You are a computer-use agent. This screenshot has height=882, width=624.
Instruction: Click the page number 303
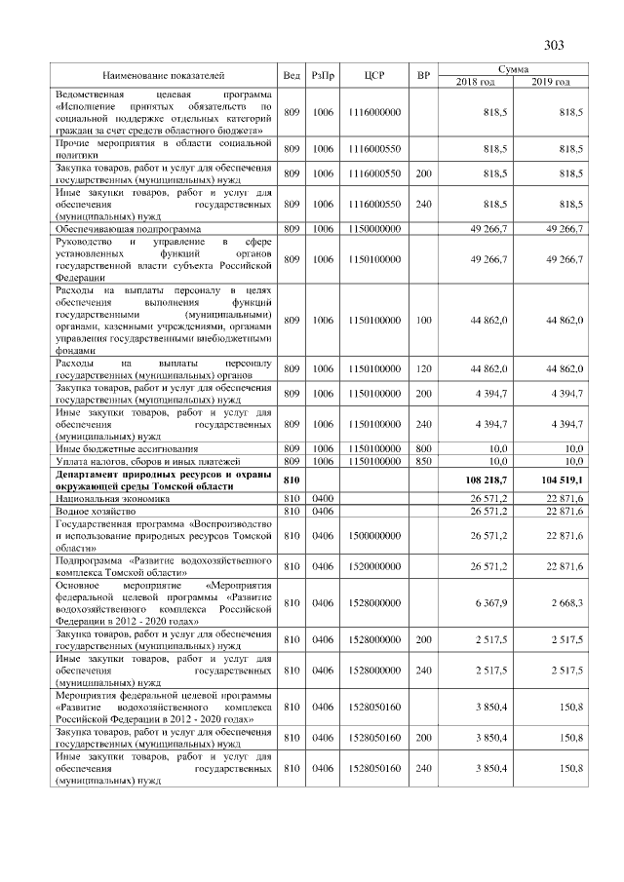click(x=554, y=45)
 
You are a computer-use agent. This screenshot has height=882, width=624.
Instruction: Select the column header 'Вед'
click(x=291, y=75)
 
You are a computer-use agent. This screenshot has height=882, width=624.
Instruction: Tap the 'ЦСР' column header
click(x=375, y=75)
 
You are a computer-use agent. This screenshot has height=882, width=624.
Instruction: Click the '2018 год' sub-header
click(x=476, y=81)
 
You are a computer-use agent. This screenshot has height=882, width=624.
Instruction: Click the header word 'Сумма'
click(x=513, y=69)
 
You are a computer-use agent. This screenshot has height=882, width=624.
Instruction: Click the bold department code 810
click(x=290, y=480)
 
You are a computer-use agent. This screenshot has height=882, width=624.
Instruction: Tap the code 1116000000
click(x=375, y=113)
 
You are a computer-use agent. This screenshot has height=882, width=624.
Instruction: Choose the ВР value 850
click(x=422, y=460)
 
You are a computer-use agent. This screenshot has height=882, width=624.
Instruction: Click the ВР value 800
click(x=422, y=448)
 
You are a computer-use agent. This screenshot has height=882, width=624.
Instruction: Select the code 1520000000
click(x=375, y=565)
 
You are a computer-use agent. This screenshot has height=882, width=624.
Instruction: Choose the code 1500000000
click(x=375, y=535)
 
